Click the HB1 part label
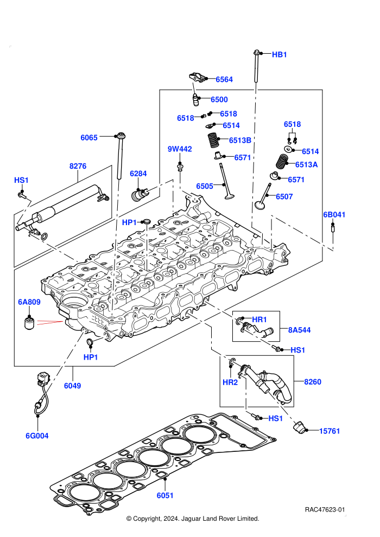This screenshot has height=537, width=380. pos(279,54)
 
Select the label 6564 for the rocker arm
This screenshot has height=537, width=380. pos(224,79)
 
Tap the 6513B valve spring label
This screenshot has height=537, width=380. pos(240,140)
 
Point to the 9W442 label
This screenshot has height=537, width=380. pos(180,149)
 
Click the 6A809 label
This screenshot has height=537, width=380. pos(29,302)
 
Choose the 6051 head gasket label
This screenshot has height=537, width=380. pos(165,495)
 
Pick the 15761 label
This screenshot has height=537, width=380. pos(330,431)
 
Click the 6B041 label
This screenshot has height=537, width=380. pos(334,215)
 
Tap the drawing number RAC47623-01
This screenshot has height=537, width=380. pos(325,509)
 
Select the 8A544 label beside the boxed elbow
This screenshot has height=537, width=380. pos(299,330)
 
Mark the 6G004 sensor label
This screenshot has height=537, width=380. pos(37,436)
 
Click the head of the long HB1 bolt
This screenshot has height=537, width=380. pos(256,53)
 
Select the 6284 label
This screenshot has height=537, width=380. pos(138,174)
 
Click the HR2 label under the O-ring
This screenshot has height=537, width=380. pos(230,382)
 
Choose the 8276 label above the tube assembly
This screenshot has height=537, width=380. pos(78,166)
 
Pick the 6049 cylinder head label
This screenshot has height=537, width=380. pos(72,386)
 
